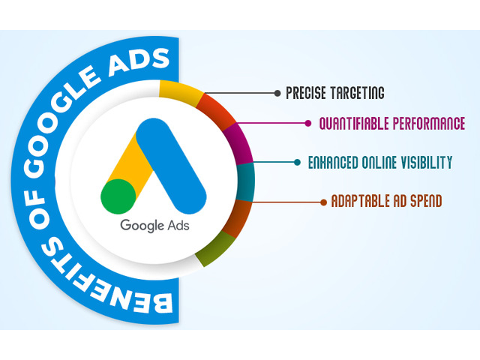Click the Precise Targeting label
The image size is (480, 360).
[335, 93]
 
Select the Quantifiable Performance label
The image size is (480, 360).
[392, 123]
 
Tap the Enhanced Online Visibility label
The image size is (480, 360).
[380, 162]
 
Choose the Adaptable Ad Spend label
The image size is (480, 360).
[387, 201]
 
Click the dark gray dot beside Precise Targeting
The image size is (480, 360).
[277, 93]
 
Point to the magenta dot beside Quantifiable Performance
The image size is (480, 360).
[308, 123]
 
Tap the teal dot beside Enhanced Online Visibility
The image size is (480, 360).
[297, 162]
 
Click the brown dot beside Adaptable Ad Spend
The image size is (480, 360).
[323, 202]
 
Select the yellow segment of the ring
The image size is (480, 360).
[181, 92]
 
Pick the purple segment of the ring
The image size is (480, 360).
[238, 143]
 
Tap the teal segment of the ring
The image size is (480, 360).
[245, 182]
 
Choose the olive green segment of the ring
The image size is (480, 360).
[215, 249]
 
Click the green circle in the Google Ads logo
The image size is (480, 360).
[118, 196]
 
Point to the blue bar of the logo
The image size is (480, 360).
[172, 166]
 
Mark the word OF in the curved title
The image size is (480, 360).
[37, 210]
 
